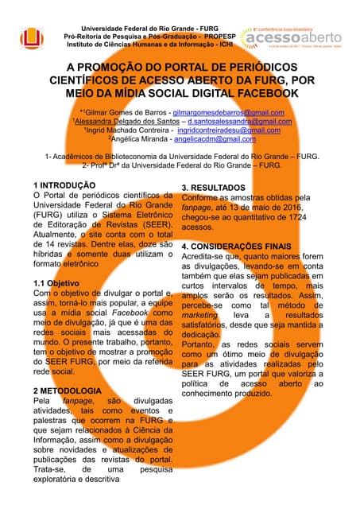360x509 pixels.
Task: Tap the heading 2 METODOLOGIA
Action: (67, 391)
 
